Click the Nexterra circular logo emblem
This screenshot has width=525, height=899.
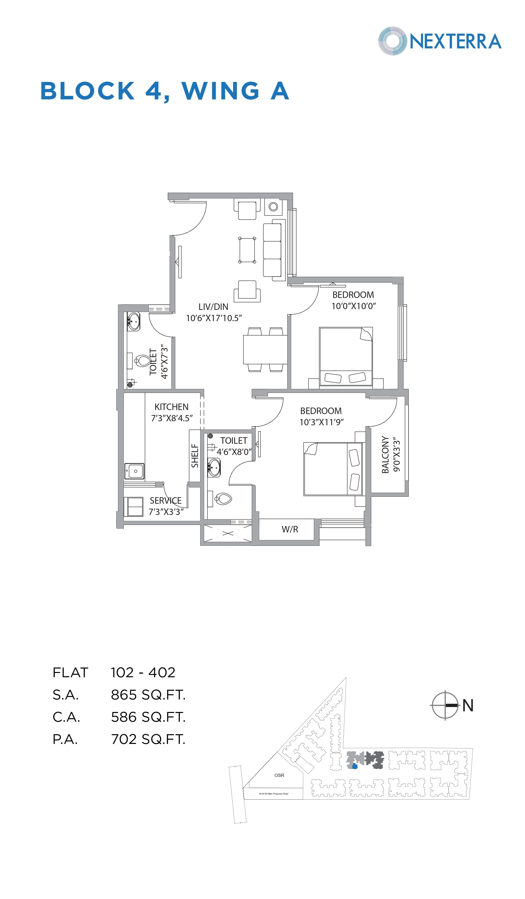pos(392,41)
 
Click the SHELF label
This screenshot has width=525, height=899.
pos(195,455)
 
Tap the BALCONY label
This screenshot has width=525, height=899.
pos(385,454)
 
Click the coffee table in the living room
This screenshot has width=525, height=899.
pos(247,250)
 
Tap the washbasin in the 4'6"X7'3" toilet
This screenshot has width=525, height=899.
pos(133,321)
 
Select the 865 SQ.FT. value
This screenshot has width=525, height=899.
pos(148,694)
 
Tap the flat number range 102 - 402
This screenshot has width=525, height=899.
pos(143,673)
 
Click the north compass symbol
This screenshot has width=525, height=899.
pos(445,705)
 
